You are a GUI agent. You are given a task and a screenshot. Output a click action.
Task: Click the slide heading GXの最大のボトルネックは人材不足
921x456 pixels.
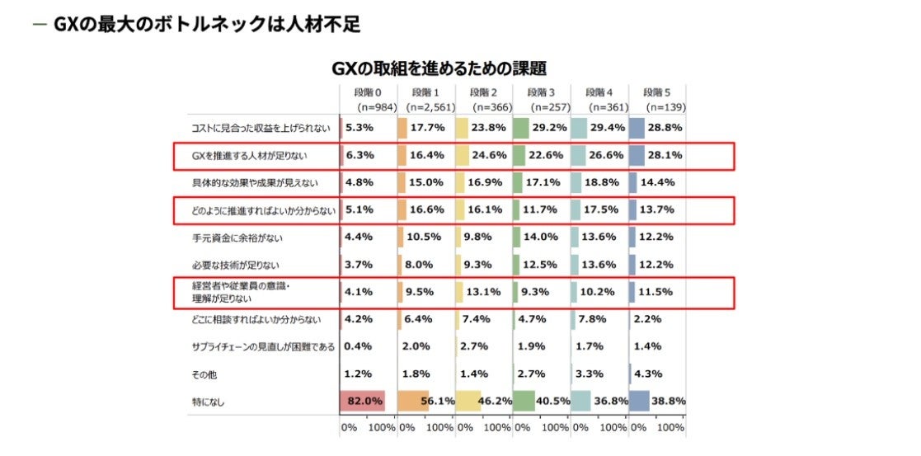click(x=206, y=24)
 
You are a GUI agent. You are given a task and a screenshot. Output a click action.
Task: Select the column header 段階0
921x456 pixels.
click(x=366, y=92)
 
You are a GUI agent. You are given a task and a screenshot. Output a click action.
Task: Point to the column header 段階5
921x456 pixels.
click(x=656, y=92)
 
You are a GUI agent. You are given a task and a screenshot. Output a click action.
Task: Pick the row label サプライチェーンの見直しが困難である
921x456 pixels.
click(x=263, y=346)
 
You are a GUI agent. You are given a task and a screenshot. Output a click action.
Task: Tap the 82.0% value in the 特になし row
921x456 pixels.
click(x=364, y=402)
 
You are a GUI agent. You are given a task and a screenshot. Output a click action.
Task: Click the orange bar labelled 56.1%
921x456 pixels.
click(x=413, y=402)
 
